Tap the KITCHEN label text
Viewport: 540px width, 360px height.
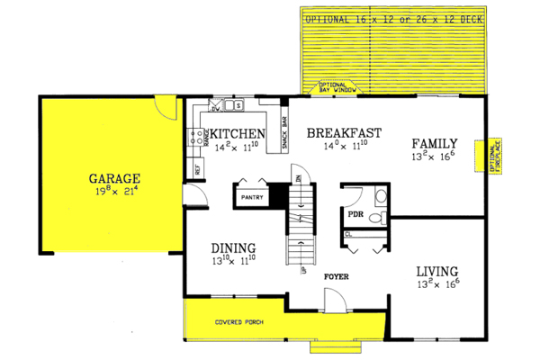click(x=238, y=134)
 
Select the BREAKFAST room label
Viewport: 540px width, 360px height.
click(x=344, y=133)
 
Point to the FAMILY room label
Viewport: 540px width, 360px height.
click(x=436, y=143)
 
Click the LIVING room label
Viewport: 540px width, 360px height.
click(x=436, y=271)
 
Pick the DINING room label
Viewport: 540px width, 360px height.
click(x=233, y=249)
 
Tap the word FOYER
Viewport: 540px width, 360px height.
click(x=338, y=276)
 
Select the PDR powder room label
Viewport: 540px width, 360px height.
click(x=355, y=215)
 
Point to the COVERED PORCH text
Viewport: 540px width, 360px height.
click(x=238, y=321)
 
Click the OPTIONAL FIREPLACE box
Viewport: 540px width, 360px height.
click(x=493, y=159)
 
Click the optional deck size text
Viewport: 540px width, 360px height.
click(x=392, y=18)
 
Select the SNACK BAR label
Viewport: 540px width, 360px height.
click(x=284, y=133)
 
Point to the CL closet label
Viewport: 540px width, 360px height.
click(x=348, y=235)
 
